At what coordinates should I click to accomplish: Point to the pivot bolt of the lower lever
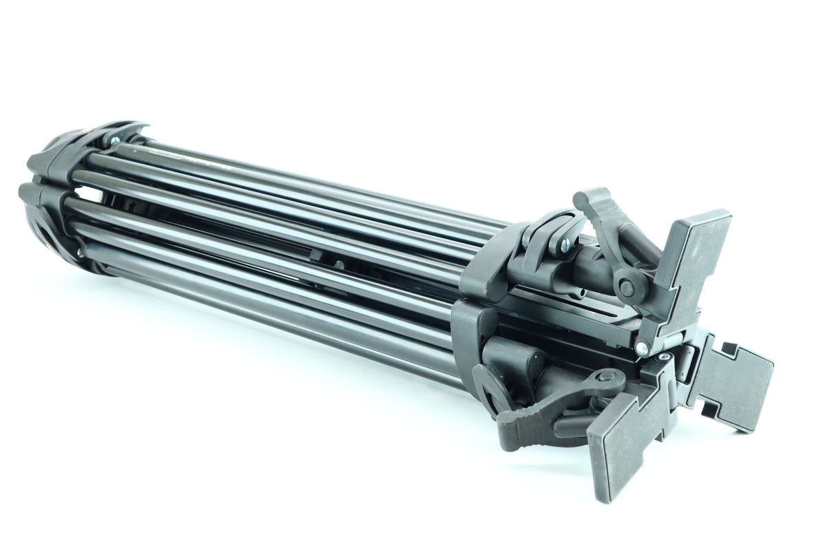(x=607, y=376)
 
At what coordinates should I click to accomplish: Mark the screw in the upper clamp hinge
(x=565, y=245)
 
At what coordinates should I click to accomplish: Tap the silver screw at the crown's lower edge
(x=81, y=253)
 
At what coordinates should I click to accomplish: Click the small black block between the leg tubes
(x=317, y=255)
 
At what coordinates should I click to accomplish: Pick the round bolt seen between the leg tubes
(x=337, y=264)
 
